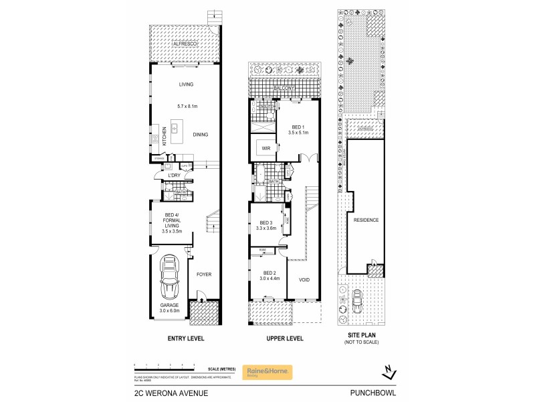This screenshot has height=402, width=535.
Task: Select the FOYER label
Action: [x=203, y=274]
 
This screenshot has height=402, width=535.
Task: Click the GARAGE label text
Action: [x=169, y=305]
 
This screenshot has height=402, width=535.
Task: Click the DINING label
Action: [x=201, y=135]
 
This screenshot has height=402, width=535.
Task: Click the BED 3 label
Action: [x=265, y=222]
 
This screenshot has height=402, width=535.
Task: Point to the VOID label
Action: [x=304, y=280]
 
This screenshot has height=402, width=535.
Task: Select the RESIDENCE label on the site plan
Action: [x=366, y=220]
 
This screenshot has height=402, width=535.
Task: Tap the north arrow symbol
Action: [x=388, y=371]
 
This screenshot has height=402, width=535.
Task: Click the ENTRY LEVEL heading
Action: [x=185, y=339]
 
